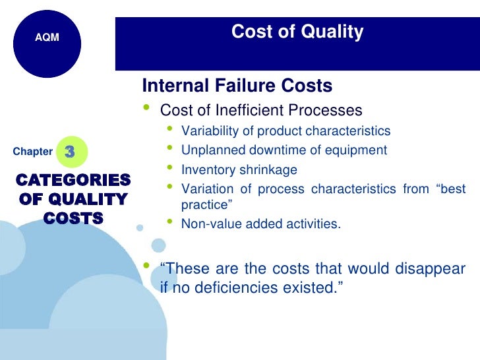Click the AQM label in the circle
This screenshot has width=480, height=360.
click(x=47, y=38)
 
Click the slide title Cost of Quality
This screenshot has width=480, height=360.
click(x=297, y=32)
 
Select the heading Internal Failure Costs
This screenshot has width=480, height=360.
click(x=237, y=86)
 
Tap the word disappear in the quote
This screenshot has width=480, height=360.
click(x=431, y=269)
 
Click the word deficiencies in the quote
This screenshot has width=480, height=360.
click(x=251, y=287)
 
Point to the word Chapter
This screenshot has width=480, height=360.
click(x=32, y=152)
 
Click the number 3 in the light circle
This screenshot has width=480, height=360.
click(x=70, y=152)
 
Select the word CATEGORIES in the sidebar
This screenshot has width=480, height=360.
click(x=73, y=180)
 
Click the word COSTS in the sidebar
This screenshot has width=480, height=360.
click(x=73, y=218)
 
